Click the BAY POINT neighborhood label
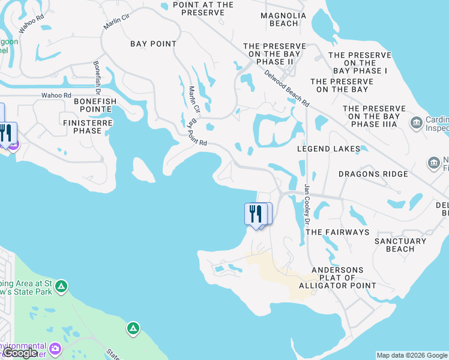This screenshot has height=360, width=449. (x=154, y=44)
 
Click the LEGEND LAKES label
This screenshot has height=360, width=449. (x=330, y=149)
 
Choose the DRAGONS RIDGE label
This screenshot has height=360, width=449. (x=373, y=174)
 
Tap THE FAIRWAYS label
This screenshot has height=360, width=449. (x=337, y=232)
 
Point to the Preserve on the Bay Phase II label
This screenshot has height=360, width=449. (x=275, y=54)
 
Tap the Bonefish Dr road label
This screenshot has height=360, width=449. (x=97, y=76)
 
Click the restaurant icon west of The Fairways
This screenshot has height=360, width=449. (x=256, y=214)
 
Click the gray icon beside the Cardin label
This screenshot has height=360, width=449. (x=415, y=123)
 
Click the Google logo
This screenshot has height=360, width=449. (x=20, y=353)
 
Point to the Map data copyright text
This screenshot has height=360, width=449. (x=411, y=355)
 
